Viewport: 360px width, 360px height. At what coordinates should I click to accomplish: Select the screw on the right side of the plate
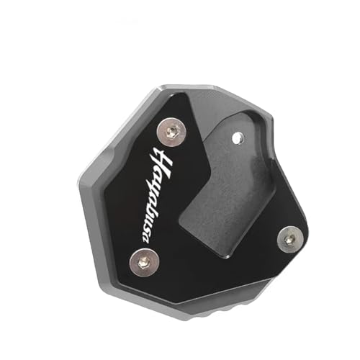(x=290, y=235)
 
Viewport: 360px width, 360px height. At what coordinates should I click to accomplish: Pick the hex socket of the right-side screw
(x=290, y=235)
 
